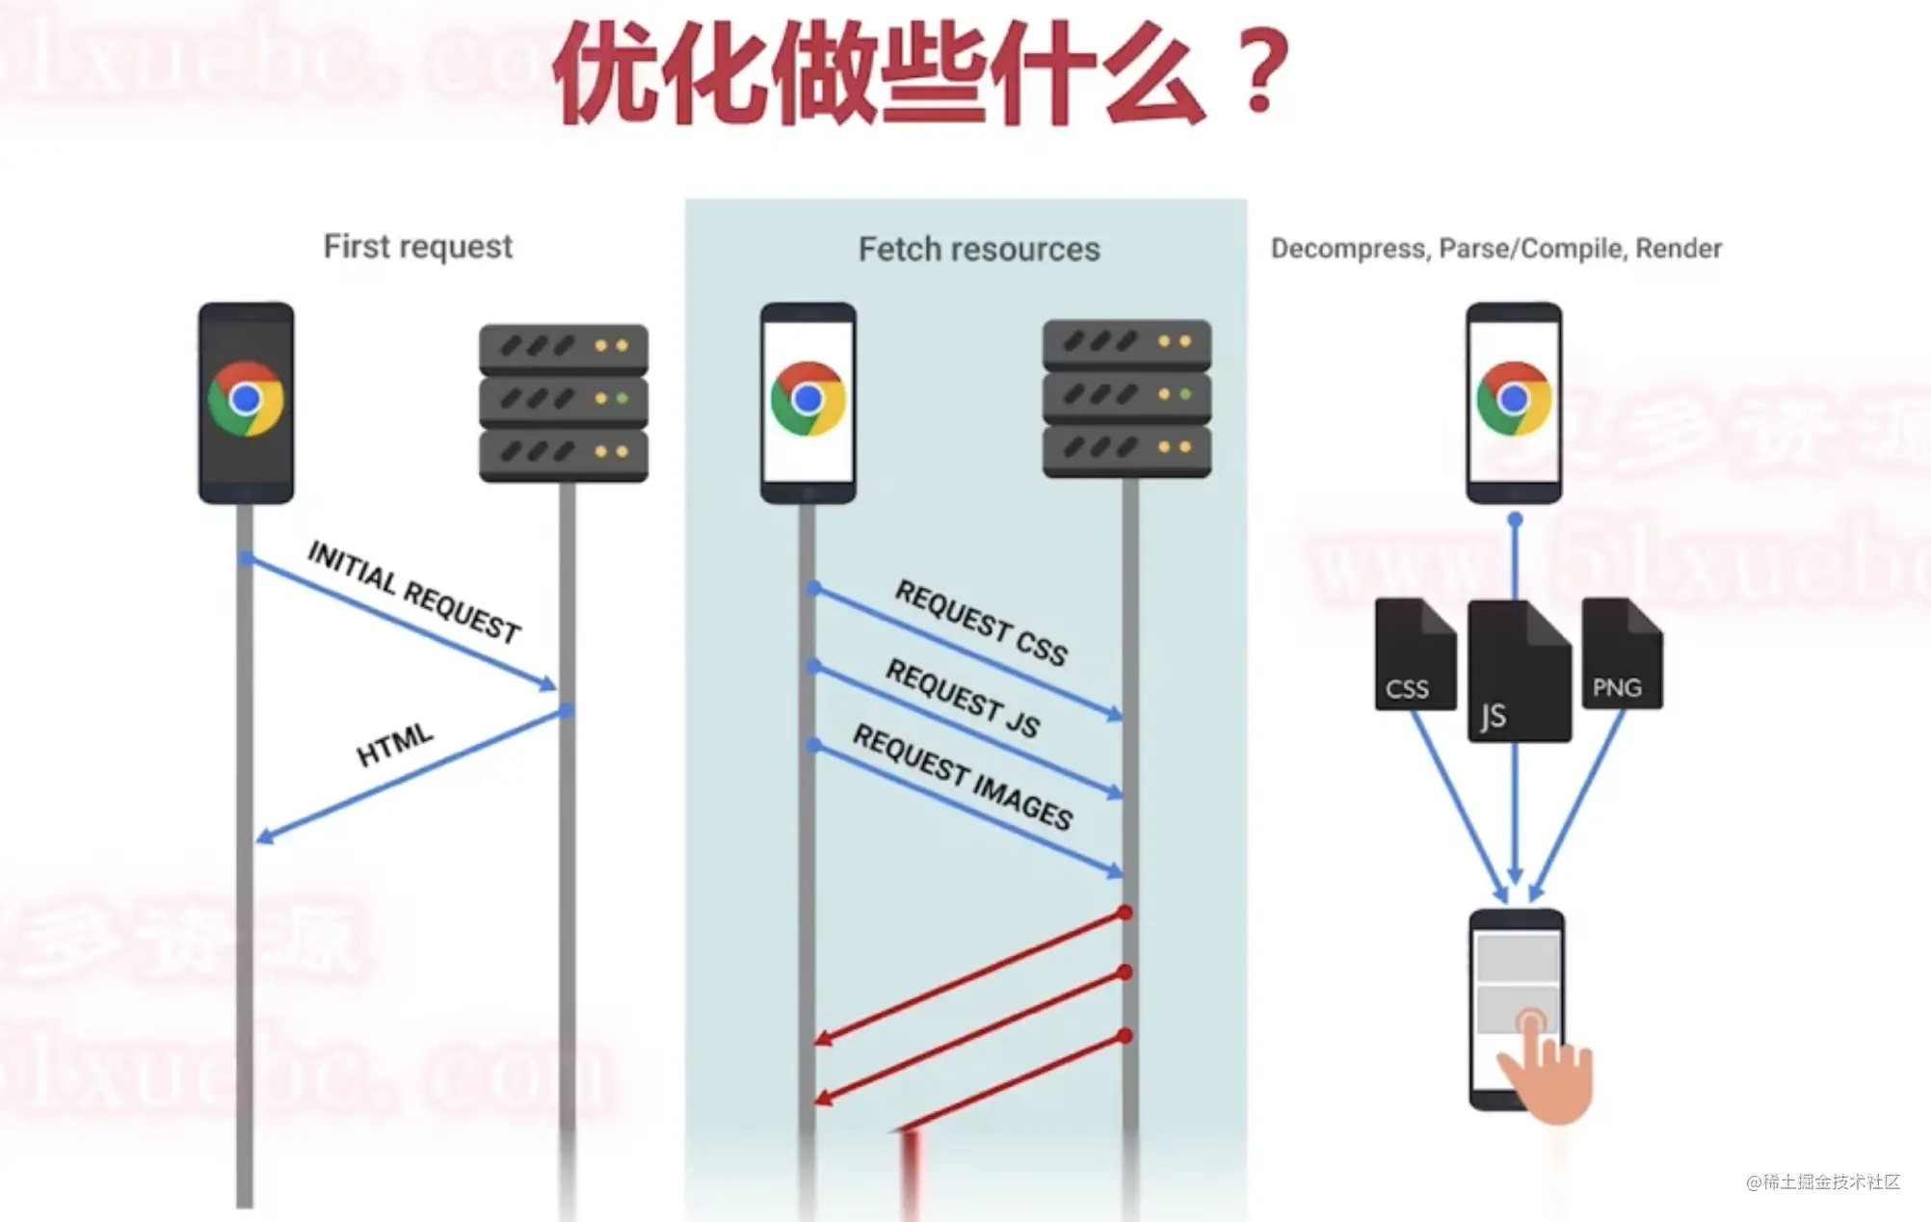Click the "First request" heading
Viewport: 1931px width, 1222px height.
pyautogui.click(x=417, y=247)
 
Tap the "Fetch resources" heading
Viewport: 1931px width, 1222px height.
pyautogui.click(x=978, y=250)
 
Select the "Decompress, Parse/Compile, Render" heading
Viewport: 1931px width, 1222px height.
pyautogui.click(x=1495, y=249)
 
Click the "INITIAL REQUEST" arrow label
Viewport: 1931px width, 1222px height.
pyautogui.click(x=414, y=592)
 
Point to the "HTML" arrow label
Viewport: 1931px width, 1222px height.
pyautogui.click(x=395, y=744)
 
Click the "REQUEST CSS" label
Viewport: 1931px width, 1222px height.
pyautogui.click(x=981, y=623)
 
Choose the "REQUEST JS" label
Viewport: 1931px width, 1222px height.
pyautogui.click(x=963, y=699)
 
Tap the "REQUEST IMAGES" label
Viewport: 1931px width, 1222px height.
pyautogui.click(x=963, y=777)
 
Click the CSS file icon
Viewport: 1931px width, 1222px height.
pyautogui.click(x=1415, y=655)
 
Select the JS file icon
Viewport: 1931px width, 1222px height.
pyautogui.click(x=1519, y=672)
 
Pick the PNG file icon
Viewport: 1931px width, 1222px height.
pyautogui.click(x=1622, y=654)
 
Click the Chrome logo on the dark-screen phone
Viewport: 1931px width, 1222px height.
pyautogui.click(x=246, y=399)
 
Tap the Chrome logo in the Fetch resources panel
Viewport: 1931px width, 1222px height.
pyautogui.click(x=807, y=398)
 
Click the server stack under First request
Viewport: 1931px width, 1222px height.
pyautogui.click(x=564, y=403)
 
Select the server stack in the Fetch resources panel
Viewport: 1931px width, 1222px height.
pyautogui.click(x=1126, y=398)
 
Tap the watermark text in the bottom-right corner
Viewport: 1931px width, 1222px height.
pyautogui.click(x=1822, y=1182)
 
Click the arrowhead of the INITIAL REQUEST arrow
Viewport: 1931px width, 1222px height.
pyautogui.click(x=549, y=685)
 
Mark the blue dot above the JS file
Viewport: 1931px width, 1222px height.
pyautogui.click(x=1515, y=520)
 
